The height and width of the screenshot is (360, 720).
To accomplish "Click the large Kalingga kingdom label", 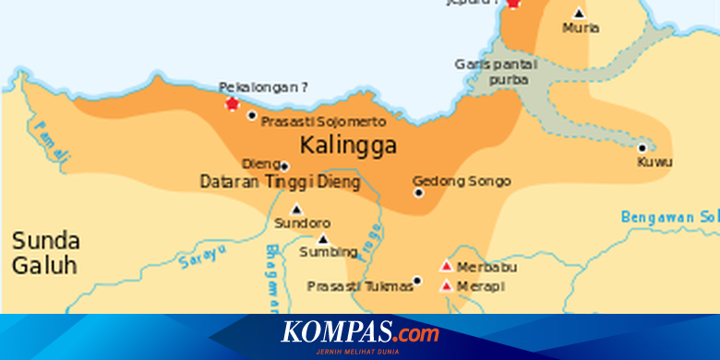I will (348, 146).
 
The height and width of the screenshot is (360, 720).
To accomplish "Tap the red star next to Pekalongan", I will (232, 104).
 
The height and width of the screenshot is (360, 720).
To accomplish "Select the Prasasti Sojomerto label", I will (323, 121).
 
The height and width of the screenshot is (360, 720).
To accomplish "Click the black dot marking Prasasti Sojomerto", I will (252, 115).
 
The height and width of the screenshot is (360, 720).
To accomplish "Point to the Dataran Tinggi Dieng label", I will (279, 183).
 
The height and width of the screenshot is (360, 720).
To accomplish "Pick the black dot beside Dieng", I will (284, 165).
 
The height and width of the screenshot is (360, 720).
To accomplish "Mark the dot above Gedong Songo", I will (418, 193).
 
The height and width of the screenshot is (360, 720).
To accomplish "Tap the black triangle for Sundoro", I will (296, 209).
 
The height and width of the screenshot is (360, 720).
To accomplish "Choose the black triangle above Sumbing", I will (322, 238).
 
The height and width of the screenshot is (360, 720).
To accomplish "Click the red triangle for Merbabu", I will (447, 266).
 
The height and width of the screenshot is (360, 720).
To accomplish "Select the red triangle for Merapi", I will (447, 285).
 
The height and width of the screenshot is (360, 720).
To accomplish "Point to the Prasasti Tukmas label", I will (359, 286).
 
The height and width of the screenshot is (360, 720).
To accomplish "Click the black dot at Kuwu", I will (642, 148).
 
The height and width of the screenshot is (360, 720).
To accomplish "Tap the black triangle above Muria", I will (579, 13).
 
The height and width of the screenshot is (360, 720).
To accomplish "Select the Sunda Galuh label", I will (45, 254).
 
